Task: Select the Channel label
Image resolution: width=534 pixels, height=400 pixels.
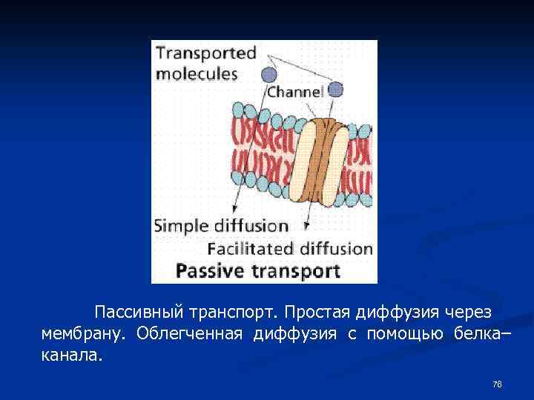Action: coord(294,92)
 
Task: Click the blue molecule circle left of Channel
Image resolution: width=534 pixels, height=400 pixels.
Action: coord(268,75)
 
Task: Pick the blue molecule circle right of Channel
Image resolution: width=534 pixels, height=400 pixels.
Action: coord(335,90)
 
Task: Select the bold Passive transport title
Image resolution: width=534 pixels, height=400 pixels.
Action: coord(257,270)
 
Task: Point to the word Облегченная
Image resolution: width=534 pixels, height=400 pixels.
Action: coord(190,333)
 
